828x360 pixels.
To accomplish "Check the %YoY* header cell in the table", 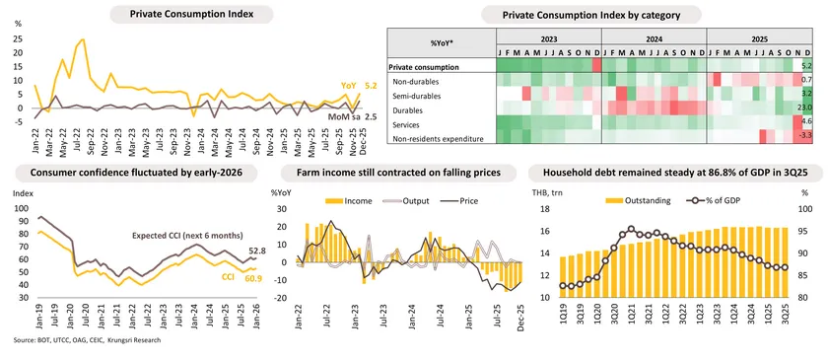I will pos(440,44).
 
